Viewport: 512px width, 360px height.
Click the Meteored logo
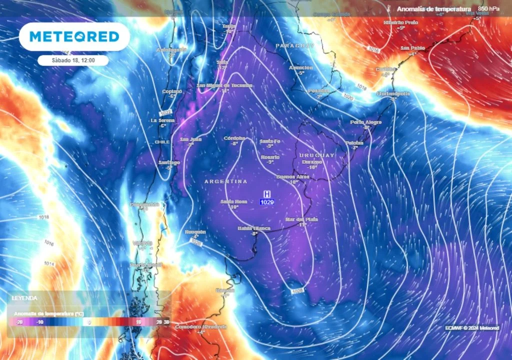74,36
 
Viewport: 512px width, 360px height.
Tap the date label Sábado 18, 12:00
73,60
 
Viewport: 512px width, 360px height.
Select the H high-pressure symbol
267,193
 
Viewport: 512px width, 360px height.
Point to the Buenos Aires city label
293,177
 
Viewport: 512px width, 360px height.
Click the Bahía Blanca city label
254,228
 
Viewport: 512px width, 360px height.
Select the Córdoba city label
234,138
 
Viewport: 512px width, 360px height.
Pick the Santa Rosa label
234,201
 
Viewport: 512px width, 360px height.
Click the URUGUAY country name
316,155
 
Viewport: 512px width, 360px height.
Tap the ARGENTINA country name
225,181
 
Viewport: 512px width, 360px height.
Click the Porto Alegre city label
365,122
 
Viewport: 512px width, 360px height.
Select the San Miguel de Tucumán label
224,85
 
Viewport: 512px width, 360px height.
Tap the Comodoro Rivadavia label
200,326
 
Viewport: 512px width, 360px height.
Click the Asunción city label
301,67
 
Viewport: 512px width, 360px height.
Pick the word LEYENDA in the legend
25,297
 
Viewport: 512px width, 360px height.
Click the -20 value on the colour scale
20,322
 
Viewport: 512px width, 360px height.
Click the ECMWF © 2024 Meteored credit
472,328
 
